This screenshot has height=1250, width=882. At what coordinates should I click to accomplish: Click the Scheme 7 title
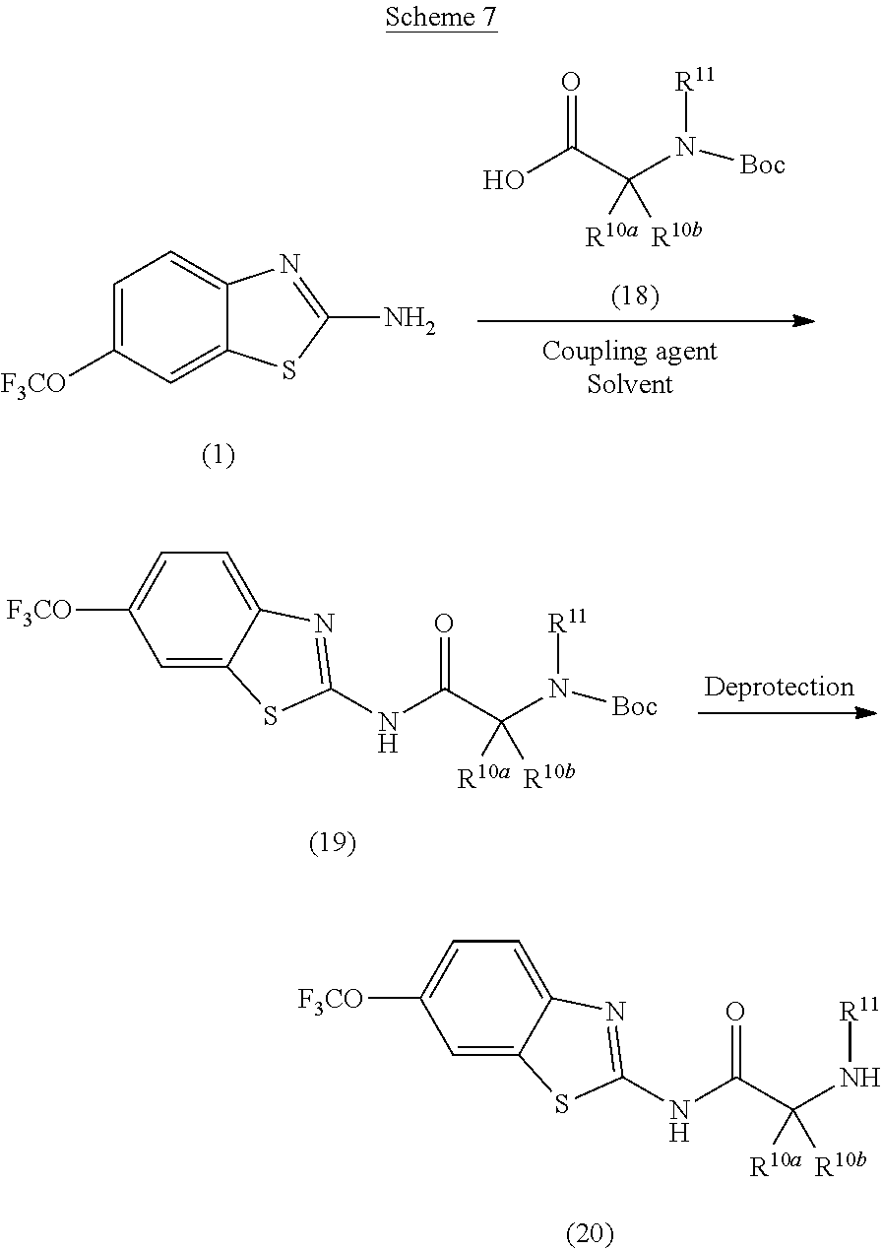441,18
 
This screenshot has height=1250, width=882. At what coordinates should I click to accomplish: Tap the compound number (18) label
634,296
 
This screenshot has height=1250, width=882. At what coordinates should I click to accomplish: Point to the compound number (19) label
332,843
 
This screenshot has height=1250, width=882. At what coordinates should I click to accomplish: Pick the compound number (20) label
590,1231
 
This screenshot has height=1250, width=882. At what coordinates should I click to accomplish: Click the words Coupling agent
630,351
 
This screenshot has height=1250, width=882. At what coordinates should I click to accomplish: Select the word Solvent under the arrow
630,383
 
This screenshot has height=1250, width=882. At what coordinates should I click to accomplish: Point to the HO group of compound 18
503,181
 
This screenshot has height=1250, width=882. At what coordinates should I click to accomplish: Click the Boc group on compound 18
762,164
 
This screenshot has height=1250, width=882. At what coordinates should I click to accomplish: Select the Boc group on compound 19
634,706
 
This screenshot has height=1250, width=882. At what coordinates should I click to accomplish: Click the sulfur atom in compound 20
562,1100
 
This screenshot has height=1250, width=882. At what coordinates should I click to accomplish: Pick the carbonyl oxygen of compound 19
444,624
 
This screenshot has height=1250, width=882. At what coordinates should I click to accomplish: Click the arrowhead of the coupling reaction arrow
804,321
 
